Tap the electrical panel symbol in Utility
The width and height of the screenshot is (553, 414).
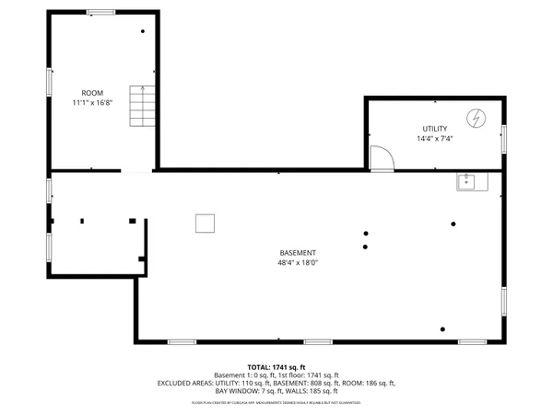click(x=476, y=118)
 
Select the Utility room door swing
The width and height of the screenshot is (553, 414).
click(x=381, y=158)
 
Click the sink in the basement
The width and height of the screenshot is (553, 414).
click(x=471, y=182)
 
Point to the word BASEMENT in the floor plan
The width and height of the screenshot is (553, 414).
click(x=299, y=253)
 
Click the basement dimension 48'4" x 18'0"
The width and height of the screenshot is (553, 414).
click(x=299, y=263)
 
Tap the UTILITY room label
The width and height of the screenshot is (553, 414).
click(x=435, y=129)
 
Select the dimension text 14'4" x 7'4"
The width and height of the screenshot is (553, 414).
click(x=435, y=139)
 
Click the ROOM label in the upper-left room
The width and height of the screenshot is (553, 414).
click(x=92, y=93)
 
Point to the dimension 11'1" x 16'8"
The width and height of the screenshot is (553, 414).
click(x=92, y=103)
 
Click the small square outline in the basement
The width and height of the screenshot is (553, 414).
click(x=205, y=224)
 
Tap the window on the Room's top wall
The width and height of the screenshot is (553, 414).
click(x=100, y=12)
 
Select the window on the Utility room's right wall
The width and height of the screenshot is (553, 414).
click(x=504, y=138)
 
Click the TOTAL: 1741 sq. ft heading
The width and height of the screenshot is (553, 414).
click(x=276, y=367)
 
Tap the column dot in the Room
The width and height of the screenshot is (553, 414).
click(x=143, y=32)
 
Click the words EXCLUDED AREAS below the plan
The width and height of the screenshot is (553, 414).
click(x=188, y=383)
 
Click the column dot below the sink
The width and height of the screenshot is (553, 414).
click(x=453, y=224)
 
